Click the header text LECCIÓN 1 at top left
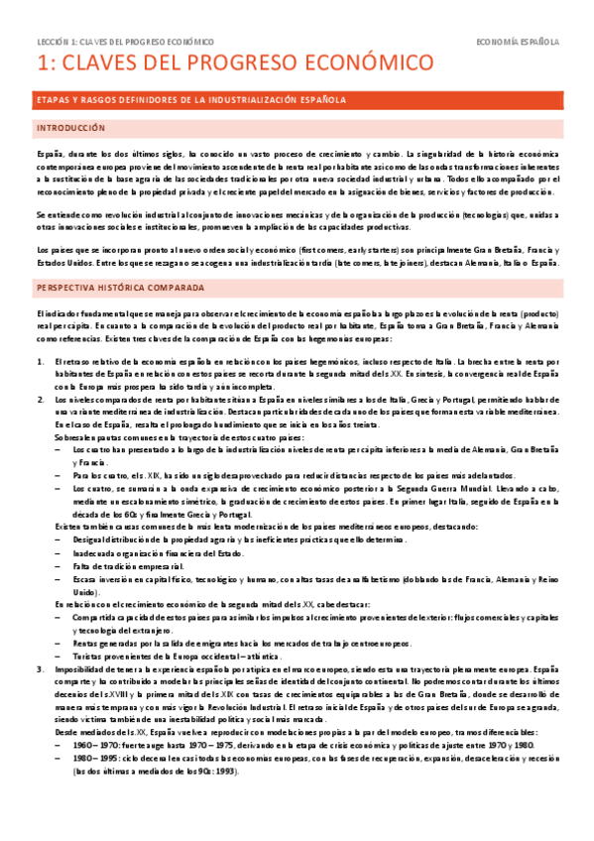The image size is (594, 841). [59, 43]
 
